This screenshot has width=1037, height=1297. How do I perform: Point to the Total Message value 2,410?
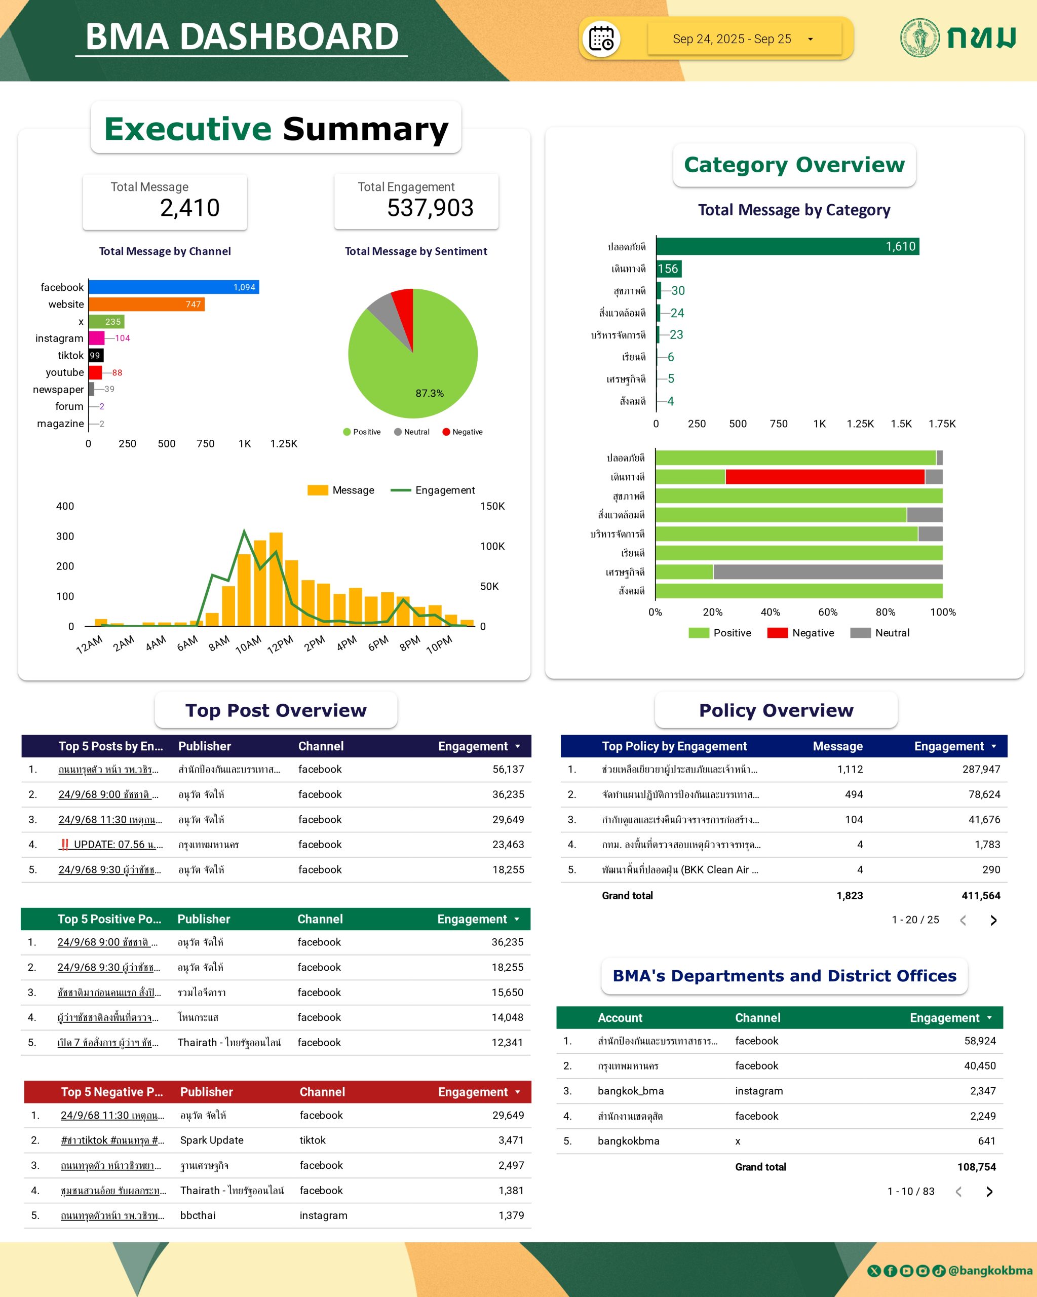[189, 208]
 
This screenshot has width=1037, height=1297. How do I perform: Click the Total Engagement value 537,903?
[430, 208]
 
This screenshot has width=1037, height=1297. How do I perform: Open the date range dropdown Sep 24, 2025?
[744, 39]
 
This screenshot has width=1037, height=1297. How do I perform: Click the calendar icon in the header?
[601, 39]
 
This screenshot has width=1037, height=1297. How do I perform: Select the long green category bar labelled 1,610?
[787, 247]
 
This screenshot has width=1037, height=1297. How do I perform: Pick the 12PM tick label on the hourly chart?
[280, 644]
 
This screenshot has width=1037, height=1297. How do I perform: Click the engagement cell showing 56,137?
[508, 770]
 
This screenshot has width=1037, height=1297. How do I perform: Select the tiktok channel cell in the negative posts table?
[313, 1140]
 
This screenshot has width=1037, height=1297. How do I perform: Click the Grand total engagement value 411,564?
[980, 896]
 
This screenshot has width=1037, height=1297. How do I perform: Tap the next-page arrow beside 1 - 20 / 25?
[993, 921]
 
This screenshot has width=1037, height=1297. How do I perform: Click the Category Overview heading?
[794, 165]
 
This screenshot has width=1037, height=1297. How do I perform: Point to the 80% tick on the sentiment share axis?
[885, 613]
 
